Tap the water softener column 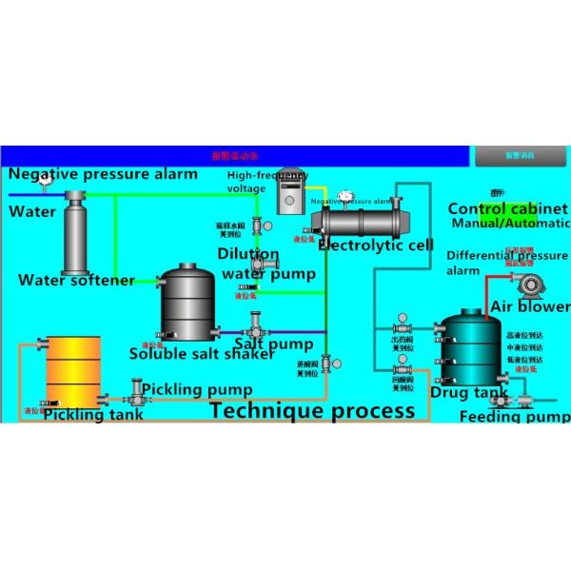coord(75,236)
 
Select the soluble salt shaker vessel coord(187,305)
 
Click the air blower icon coord(529,283)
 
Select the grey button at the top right coord(520,155)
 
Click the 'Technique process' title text coord(313,410)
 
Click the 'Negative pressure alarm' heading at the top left coord(104,174)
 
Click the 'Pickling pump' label coord(197,389)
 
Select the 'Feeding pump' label coord(514,417)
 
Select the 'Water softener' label coord(76,280)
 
